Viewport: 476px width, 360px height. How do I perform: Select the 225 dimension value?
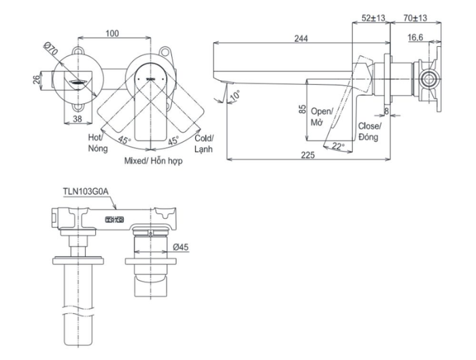(307, 156)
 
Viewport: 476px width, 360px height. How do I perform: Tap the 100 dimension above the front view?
(113, 33)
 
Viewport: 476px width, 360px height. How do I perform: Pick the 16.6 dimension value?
(417, 39)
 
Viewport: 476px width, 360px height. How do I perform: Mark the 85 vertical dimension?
(302, 109)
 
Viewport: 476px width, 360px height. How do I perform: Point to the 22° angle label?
(339, 145)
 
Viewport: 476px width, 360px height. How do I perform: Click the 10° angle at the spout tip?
(235, 95)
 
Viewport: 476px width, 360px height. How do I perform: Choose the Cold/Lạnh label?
(204, 142)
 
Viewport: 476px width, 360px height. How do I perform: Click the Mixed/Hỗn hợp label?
(153, 162)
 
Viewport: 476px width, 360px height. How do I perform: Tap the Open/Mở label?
(322, 115)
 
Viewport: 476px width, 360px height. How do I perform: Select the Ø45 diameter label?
(181, 249)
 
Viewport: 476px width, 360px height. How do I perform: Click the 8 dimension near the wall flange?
(386, 109)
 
